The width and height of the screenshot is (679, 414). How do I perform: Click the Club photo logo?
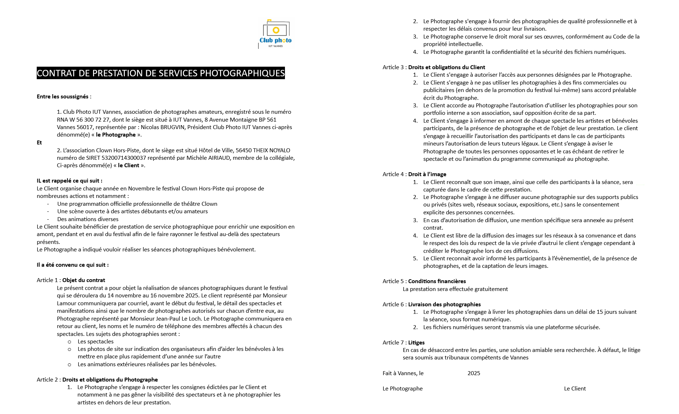(x=275, y=34)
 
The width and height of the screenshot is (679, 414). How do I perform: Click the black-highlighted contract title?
(x=160, y=73)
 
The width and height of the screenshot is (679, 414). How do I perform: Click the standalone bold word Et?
(x=39, y=143)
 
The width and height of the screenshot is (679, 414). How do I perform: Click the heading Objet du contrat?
(x=83, y=280)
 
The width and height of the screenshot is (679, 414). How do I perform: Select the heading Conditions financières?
(x=437, y=281)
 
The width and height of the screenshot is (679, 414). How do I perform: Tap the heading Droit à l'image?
(x=427, y=174)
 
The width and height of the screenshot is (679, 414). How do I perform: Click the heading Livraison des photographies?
(x=444, y=305)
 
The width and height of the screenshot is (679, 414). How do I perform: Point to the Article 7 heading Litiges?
(x=416, y=343)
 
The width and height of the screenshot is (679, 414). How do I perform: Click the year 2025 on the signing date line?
(x=474, y=373)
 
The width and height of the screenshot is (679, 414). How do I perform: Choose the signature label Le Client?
(x=575, y=389)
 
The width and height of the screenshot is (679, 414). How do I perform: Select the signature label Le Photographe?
(x=402, y=389)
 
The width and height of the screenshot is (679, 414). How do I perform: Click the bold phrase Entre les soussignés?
(x=63, y=97)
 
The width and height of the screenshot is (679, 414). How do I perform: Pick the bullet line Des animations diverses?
(x=88, y=219)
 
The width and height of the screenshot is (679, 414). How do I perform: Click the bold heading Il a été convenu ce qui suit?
(x=72, y=265)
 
